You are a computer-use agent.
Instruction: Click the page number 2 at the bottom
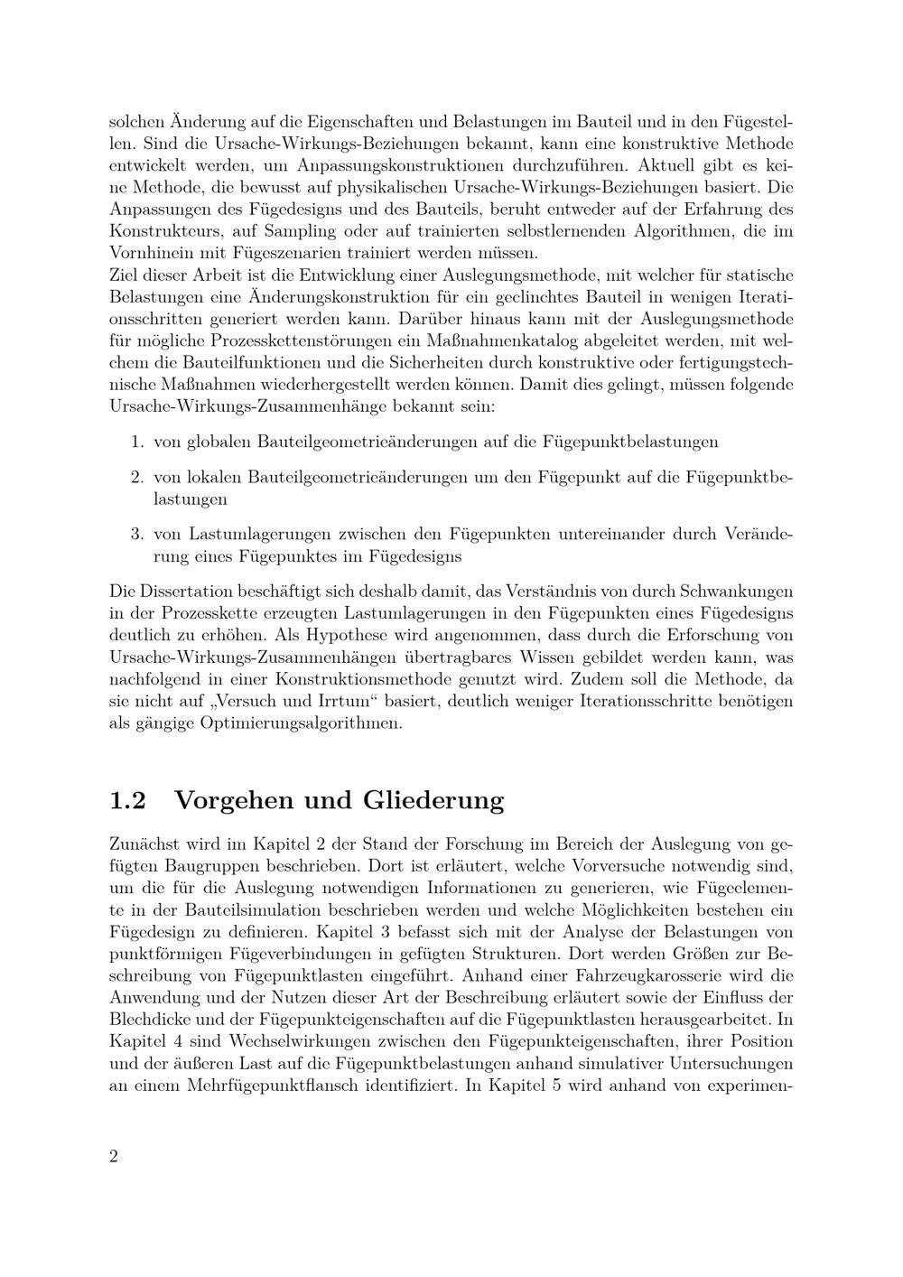[x=114, y=1157]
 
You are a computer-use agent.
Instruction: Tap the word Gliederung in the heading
[x=433, y=801]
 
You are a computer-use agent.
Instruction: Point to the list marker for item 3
[x=137, y=534]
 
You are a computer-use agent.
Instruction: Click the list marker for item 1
[x=137, y=442]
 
